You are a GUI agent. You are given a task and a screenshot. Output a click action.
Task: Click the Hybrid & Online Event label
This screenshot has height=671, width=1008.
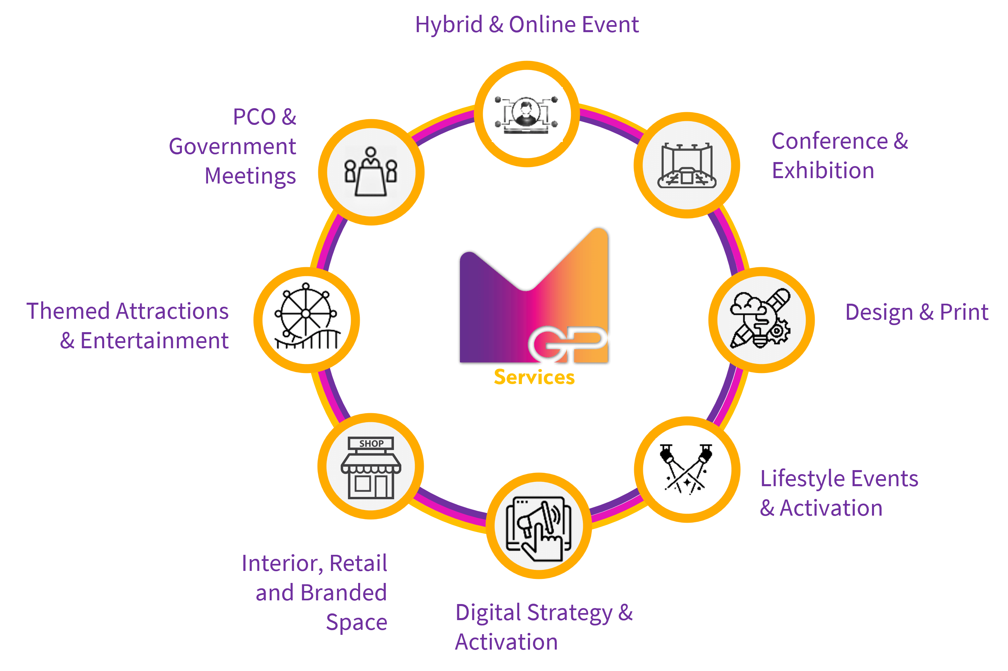tap(527, 25)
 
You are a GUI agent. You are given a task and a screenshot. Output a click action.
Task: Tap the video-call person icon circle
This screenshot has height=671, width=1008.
tap(527, 114)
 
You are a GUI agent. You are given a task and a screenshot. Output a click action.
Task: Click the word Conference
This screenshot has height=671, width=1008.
tap(829, 141)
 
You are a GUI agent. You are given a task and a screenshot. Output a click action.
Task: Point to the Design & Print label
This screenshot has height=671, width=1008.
tap(917, 312)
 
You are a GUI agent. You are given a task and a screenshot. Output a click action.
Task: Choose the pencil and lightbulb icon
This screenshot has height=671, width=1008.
tap(761, 320)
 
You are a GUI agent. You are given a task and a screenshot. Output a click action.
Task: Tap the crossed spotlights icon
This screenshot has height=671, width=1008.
tap(687, 469)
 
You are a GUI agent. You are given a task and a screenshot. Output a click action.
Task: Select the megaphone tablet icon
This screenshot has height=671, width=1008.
tap(538, 526)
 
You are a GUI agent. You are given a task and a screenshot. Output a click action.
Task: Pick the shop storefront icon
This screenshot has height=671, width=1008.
tap(371, 467)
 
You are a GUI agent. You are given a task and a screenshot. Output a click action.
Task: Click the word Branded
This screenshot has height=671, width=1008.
tap(343, 593)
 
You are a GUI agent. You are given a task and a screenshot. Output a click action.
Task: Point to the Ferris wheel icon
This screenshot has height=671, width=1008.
tap(307, 320)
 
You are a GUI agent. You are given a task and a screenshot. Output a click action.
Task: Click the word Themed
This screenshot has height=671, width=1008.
tap(68, 311)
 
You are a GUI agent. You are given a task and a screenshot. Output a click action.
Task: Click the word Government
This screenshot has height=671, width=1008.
tap(232, 147)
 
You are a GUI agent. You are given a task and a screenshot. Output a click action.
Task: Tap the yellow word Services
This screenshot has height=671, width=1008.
tap(534, 377)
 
